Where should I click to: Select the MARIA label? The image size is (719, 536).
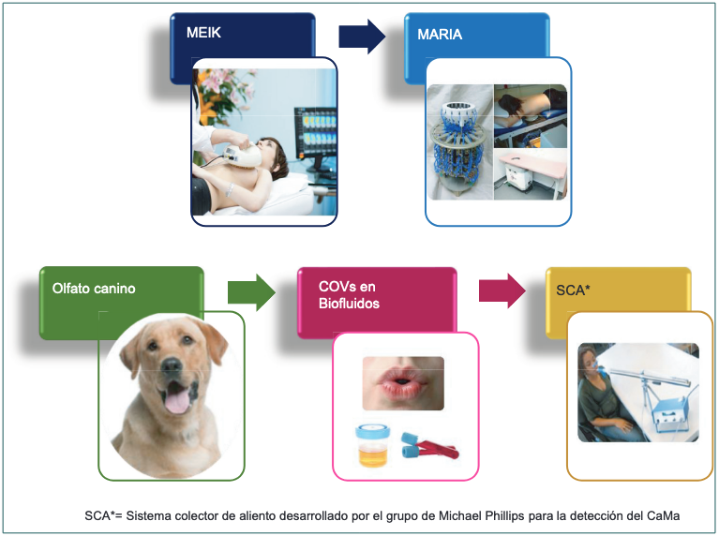point(440,36)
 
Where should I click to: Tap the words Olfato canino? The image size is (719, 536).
point(94,289)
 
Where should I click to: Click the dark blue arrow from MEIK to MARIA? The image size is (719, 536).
point(362,36)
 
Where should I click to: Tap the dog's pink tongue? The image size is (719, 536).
point(173,404)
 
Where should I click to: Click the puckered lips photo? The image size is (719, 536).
point(403,382)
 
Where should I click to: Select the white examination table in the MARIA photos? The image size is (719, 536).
point(530,178)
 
